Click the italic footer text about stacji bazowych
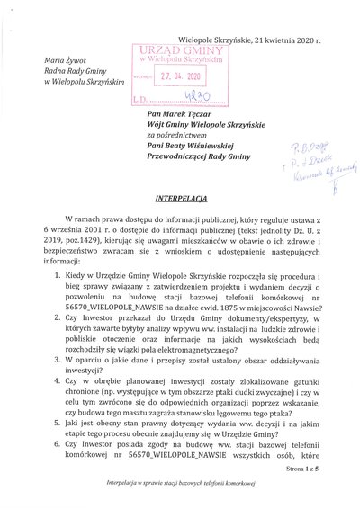click(x=179, y=496)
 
